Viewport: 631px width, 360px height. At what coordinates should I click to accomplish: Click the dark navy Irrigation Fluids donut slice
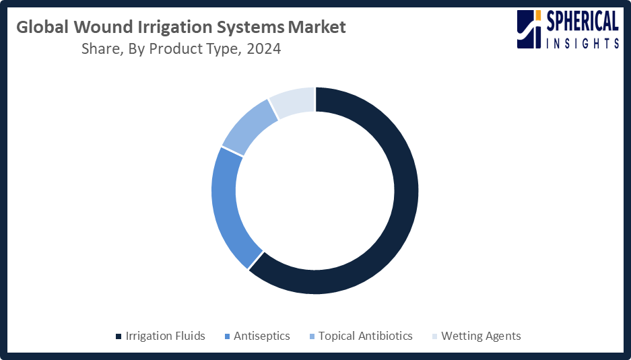pyautogui.click(x=405, y=190)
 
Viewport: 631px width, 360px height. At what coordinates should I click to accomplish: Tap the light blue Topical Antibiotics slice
pyautogui.click(x=249, y=127)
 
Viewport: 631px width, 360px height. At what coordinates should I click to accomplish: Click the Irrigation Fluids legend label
pyautogui.click(x=166, y=336)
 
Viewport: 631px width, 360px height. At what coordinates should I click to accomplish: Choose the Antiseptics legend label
pyautogui.click(x=261, y=336)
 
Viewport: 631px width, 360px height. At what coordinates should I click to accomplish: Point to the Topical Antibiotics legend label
pyautogui.click(x=366, y=336)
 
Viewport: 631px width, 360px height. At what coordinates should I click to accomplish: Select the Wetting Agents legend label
pyautogui.click(x=481, y=336)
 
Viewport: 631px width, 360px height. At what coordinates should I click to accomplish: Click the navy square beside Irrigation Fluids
pyautogui.click(x=119, y=336)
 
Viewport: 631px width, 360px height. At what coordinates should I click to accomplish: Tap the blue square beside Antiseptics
pyautogui.click(x=227, y=336)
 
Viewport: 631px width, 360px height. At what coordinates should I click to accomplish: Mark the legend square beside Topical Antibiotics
pyautogui.click(x=312, y=336)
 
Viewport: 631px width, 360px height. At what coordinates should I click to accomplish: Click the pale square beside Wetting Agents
pyautogui.click(x=434, y=336)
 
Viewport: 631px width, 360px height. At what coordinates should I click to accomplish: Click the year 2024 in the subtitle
pyautogui.click(x=264, y=49)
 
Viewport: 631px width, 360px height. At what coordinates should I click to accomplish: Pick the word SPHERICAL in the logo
pyautogui.click(x=583, y=22)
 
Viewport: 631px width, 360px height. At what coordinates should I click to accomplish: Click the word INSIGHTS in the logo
pyautogui.click(x=583, y=43)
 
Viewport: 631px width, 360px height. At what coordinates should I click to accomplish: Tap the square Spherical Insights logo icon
pyautogui.click(x=529, y=30)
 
